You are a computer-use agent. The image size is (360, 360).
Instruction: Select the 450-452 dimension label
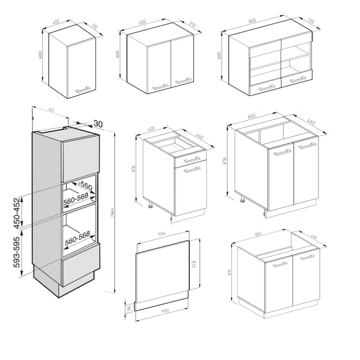(x=19, y=212)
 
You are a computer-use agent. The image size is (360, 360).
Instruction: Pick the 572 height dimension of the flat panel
(x=194, y=265)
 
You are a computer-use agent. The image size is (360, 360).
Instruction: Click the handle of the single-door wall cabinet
(x=83, y=89)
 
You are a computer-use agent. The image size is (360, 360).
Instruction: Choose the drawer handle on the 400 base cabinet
(x=190, y=157)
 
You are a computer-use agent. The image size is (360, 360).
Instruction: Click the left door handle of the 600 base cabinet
(x=282, y=153)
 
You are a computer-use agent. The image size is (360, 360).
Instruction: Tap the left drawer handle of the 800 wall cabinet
(x=267, y=88)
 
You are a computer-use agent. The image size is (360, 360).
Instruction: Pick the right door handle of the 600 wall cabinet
(x=183, y=81)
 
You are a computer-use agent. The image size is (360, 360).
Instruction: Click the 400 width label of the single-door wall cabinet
(x=56, y=22)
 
